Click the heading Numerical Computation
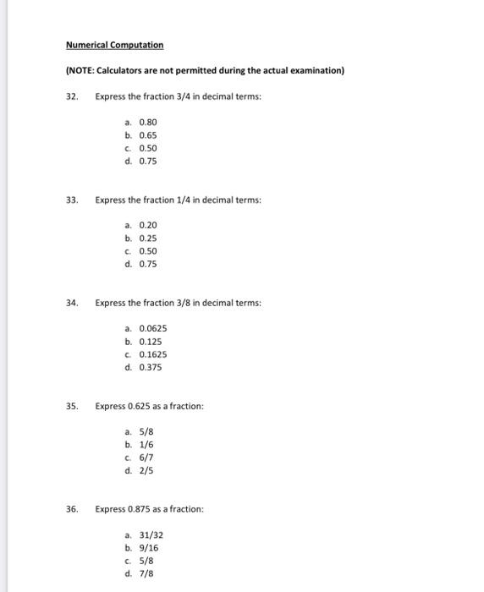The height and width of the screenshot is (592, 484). (x=115, y=44)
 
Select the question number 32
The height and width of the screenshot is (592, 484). (x=72, y=97)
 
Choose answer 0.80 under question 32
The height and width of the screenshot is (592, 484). (x=148, y=122)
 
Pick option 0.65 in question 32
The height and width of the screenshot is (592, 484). (x=148, y=135)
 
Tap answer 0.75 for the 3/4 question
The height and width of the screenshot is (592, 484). (x=148, y=161)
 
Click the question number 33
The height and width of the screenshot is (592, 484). (x=72, y=200)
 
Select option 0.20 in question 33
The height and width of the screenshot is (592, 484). (x=148, y=225)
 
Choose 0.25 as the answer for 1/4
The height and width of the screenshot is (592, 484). (x=148, y=238)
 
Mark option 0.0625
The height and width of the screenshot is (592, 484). (x=152, y=328)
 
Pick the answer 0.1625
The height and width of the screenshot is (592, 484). (x=152, y=354)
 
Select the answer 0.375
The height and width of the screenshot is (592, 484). (x=151, y=367)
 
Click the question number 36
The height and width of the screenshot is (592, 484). (x=72, y=509)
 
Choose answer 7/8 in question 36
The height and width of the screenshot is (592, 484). (x=146, y=573)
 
